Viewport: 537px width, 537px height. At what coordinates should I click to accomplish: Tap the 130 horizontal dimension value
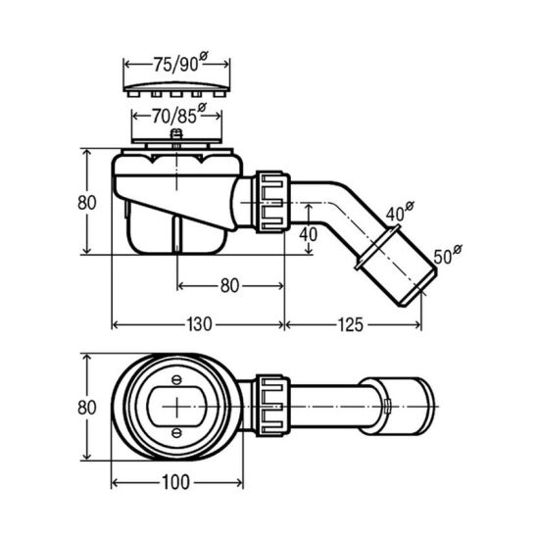(x=199, y=324)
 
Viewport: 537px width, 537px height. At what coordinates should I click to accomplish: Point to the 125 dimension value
(x=351, y=324)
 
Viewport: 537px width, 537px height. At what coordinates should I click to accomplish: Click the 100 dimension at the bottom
(x=175, y=482)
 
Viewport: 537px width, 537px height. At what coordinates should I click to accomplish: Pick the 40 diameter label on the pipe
(x=400, y=212)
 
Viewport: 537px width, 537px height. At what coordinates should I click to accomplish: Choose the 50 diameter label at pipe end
(x=447, y=255)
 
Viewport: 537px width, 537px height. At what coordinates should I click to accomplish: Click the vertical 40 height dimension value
(x=309, y=234)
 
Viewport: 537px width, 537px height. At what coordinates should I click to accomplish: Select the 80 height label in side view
(x=86, y=203)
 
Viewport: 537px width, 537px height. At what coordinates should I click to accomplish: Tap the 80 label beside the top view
(x=86, y=408)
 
